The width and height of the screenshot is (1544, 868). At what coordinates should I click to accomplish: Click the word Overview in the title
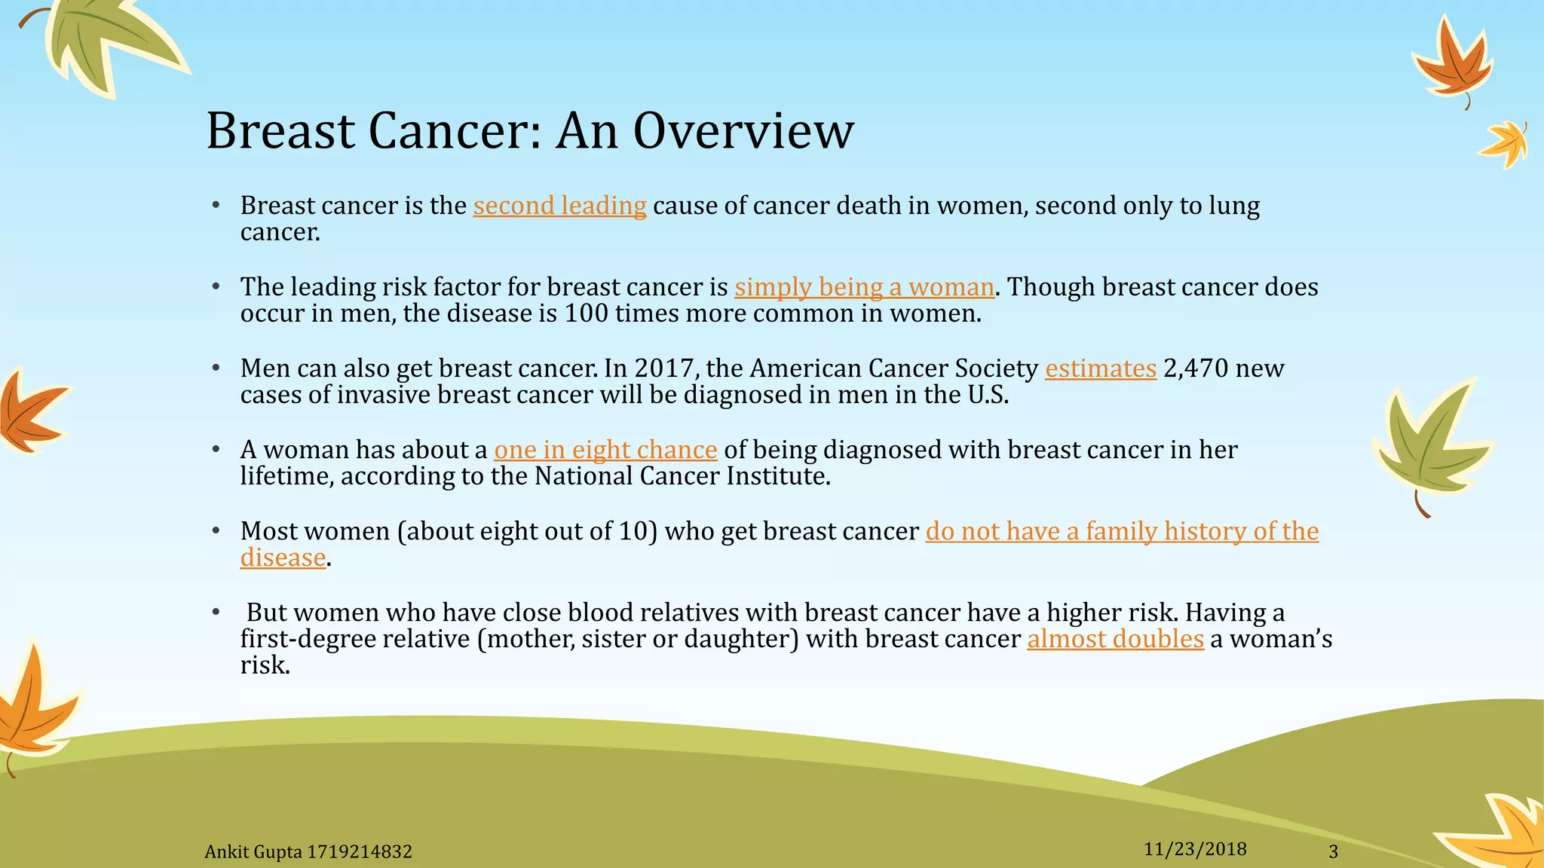pos(743,132)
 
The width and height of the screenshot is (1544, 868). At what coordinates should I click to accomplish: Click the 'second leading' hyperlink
pos(559,206)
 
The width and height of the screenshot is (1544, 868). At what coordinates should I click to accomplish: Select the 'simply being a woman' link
pos(864,287)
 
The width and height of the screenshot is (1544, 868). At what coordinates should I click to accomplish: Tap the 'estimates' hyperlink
pos(1100,368)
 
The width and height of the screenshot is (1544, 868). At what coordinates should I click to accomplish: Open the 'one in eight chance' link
pos(605,450)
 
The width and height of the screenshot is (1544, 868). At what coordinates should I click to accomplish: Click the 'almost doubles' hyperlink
pos(1114,639)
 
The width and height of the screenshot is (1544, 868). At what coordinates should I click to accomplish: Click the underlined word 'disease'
pos(283,558)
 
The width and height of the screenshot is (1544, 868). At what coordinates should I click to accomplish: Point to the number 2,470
pos(1196,368)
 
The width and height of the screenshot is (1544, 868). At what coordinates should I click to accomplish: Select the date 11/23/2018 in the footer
pos(1194,849)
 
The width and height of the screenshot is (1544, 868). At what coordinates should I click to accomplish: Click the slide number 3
pos(1333,851)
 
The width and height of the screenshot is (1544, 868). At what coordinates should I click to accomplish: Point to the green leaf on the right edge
pos(1429,445)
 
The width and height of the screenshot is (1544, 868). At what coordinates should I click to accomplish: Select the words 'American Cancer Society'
pos(893,368)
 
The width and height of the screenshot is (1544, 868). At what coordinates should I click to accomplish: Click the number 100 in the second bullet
pos(586,313)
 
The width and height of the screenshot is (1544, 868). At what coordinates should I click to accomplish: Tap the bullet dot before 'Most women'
pos(216,531)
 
